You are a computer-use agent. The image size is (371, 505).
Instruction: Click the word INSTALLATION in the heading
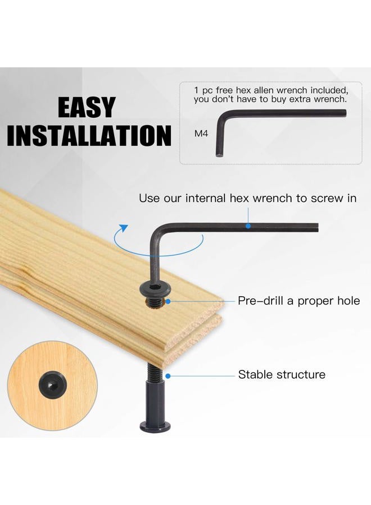tap(89, 136)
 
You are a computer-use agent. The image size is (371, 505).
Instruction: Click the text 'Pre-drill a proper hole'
tap(298, 301)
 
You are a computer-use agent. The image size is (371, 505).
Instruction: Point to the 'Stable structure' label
tap(282, 374)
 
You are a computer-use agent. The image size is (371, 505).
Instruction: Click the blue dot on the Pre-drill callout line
tap(168, 301)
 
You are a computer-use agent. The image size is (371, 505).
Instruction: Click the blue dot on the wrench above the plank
tap(248, 226)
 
